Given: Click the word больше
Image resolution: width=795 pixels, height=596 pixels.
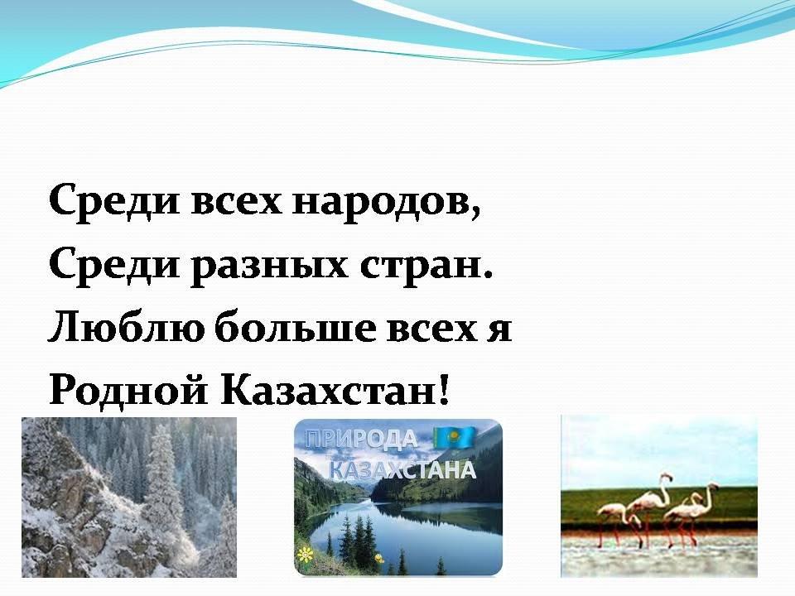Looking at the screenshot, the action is tap(296, 328).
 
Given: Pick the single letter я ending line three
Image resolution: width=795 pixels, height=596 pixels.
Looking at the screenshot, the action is tap(499, 330).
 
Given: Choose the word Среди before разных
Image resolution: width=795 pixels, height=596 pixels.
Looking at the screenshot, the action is tap(114, 266).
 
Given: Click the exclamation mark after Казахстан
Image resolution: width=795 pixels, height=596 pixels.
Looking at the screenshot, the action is tap(443, 391).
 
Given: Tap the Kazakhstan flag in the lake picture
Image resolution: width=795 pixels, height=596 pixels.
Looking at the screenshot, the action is tap(454, 437).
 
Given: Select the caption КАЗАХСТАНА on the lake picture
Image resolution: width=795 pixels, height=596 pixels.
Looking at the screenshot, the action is tap(403, 470).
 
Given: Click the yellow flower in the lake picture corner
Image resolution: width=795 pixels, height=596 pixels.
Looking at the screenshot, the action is tap(305, 555).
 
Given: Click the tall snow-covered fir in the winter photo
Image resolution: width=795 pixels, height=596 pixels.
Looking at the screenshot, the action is tap(162, 482).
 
